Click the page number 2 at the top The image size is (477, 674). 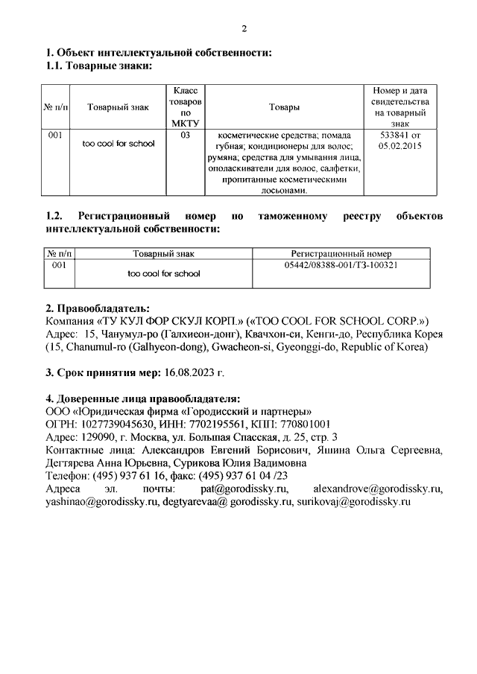click(x=244, y=29)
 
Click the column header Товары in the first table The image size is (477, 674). click(x=285, y=107)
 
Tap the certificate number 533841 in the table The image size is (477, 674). click(x=395, y=136)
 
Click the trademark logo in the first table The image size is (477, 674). click(x=119, y=144)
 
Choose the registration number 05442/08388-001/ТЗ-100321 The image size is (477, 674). click(x=341, y=264)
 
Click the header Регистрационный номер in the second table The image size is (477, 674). click(x=341, y=254)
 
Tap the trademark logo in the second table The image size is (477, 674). click(x=164, y=274)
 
